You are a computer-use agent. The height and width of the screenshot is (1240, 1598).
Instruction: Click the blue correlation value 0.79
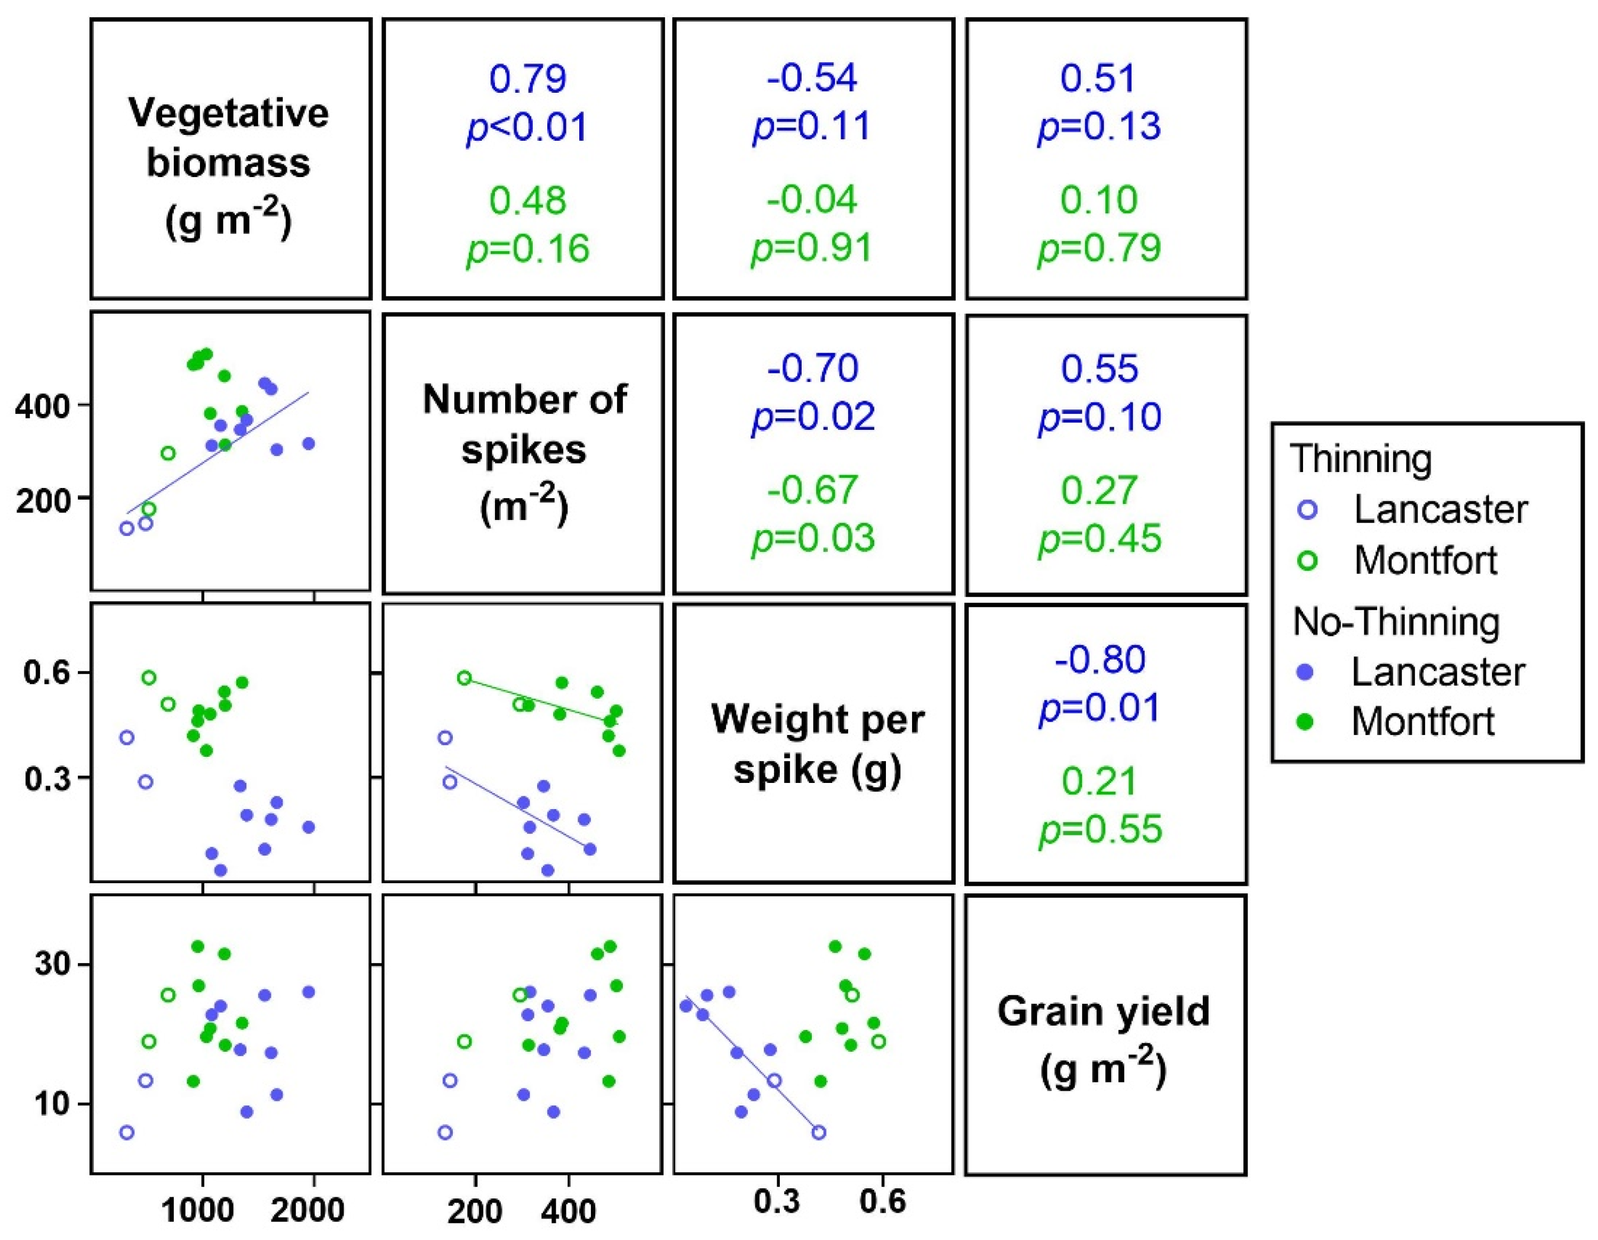coord(527,78)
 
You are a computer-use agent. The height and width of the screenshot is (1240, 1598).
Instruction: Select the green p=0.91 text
coord(812,249)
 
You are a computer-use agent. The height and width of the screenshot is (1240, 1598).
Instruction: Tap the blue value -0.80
coord(1100,659)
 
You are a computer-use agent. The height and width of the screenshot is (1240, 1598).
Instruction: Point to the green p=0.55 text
coord(1100,829)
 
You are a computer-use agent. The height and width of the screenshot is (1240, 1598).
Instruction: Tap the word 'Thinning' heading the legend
coord(1360,459)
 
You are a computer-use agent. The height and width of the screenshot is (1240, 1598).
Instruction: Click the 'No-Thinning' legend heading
coord(1396,622)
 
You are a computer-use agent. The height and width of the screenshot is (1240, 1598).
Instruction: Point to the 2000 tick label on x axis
coord(307,1211)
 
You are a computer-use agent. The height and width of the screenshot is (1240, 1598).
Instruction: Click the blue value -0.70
coord(812,368)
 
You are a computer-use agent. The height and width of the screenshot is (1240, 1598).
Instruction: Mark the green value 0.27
coord(1100,490)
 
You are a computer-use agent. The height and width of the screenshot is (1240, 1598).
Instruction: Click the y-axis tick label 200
coord(41,500)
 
